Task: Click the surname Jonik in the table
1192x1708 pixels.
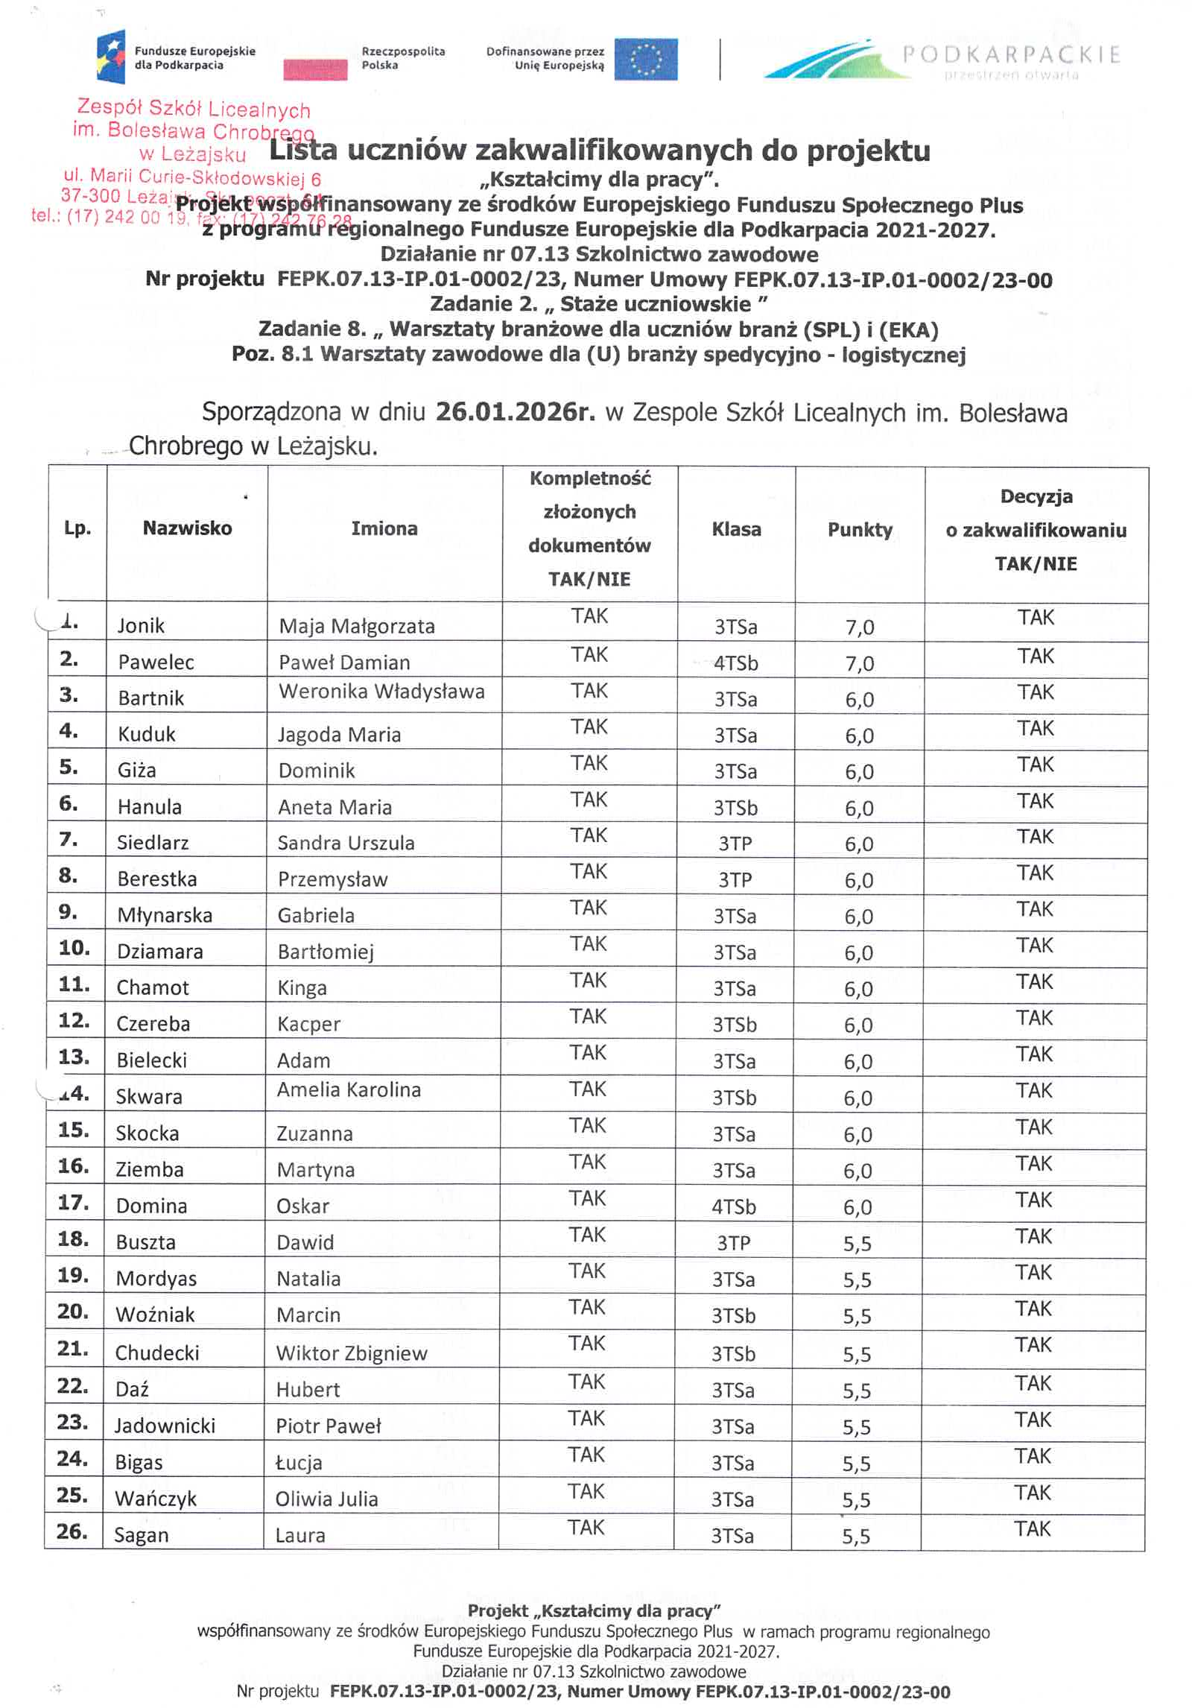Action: point(141,625)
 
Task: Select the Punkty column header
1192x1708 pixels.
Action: point(860,530)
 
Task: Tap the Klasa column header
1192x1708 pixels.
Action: point(736,530)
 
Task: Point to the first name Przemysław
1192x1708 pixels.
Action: point(332,879)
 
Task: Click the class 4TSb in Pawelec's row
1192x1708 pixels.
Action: point(735,663)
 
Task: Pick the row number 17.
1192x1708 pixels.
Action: point(74,1203)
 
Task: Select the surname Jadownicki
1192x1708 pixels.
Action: point(165,1426)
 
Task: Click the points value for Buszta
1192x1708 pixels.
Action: point(857,1244)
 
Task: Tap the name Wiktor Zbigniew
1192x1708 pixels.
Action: point(352,1353)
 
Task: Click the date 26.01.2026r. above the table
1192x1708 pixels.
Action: point(515,412)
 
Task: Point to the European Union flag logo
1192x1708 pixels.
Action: point(646,60)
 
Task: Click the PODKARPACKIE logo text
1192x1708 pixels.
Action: point(1011,54)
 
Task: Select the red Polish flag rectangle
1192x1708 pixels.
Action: point(315,69)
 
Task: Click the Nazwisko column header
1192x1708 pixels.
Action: point(187,528)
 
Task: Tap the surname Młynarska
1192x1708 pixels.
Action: point(165,915)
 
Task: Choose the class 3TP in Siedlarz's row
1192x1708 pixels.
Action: point(735,844)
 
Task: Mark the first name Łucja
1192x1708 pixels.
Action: point(299,1462)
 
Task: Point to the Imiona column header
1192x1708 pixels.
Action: point(384,529)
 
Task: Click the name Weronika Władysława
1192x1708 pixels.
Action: point(381,692)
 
